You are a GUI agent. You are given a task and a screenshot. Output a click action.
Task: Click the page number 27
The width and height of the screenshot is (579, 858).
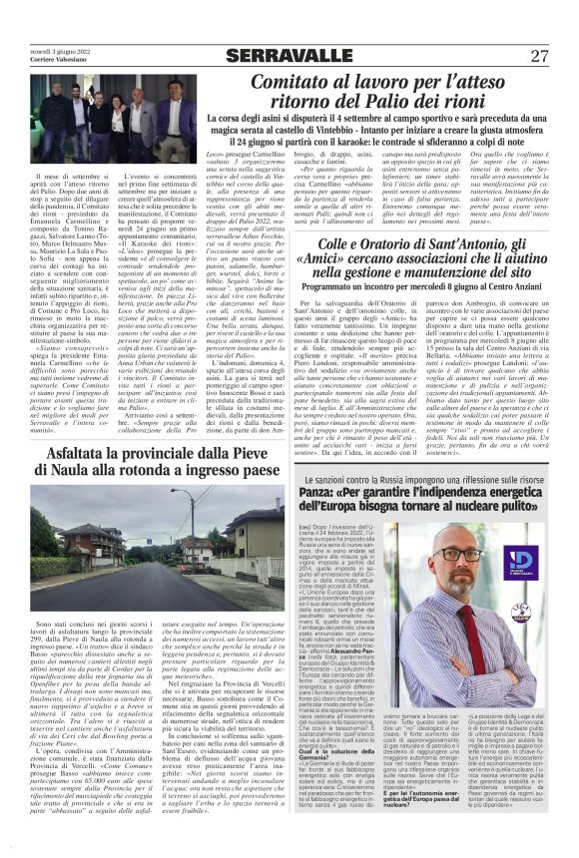[540, 55]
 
